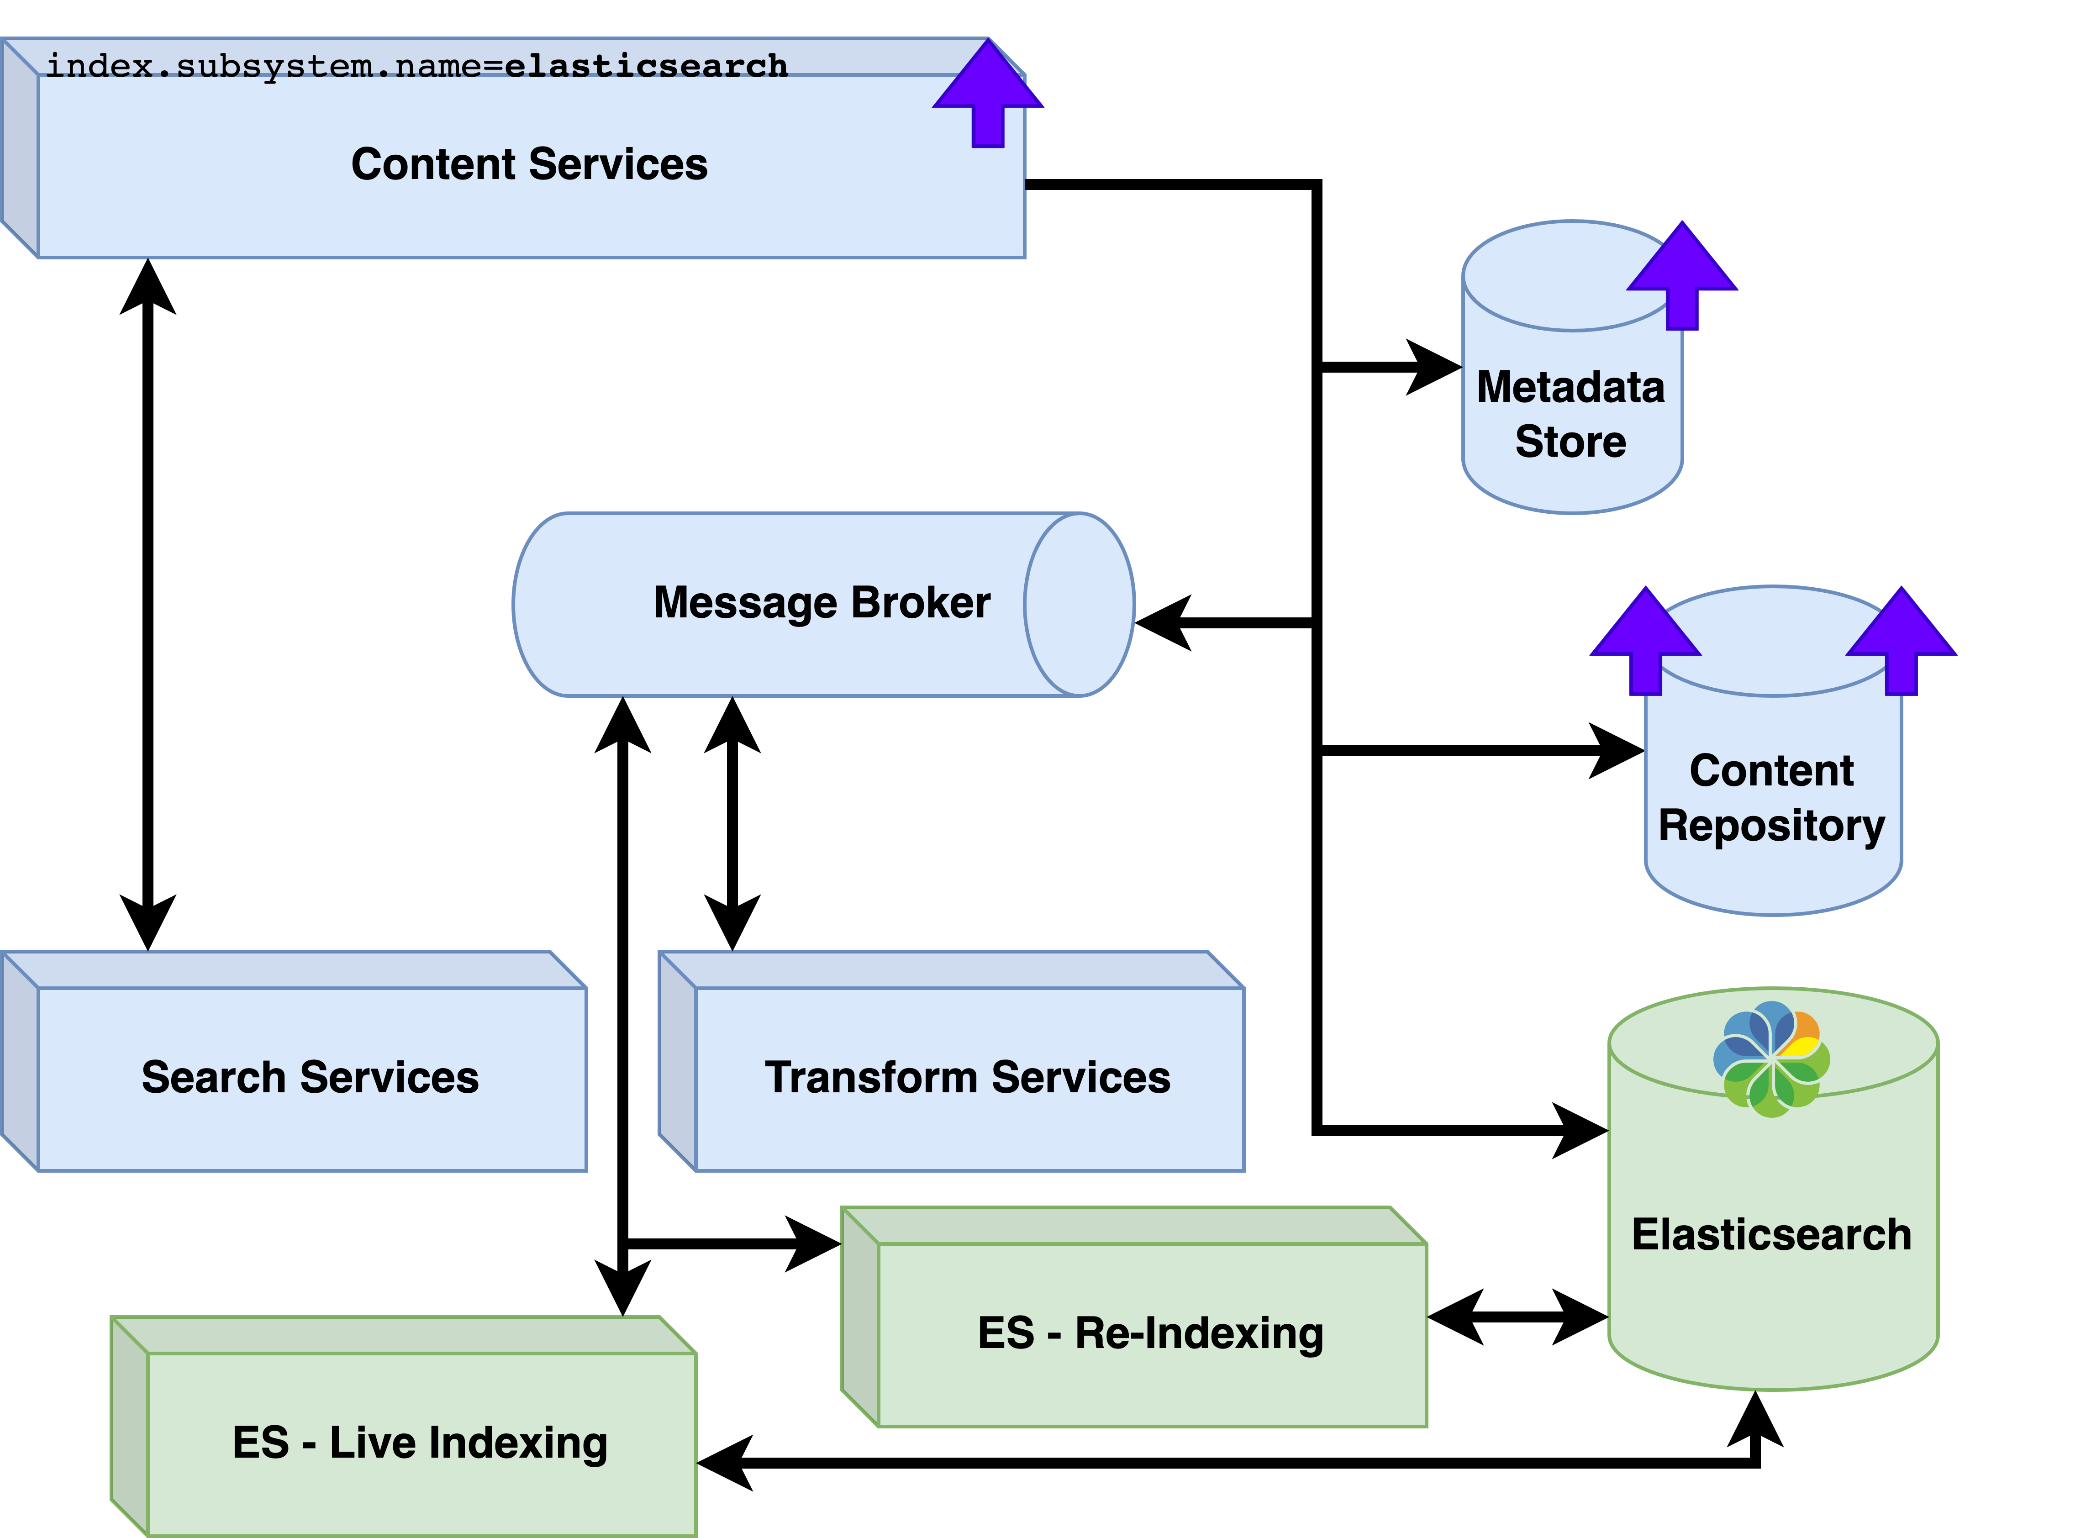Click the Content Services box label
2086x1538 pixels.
[529, 165]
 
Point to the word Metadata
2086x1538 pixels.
[1570, 387]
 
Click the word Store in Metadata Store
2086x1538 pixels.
[1570, 441]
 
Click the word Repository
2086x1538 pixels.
[1771, 826]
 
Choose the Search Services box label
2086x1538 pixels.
[310, 1077]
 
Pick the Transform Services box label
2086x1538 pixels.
[967, 1077]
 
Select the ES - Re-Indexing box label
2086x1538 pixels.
[1150, 1333]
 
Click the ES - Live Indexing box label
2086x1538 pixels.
[420, 1443]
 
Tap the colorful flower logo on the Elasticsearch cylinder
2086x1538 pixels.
[1771, 1059]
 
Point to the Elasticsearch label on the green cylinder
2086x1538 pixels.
[1771, 1234]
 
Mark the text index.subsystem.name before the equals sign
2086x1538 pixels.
[263, 66]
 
